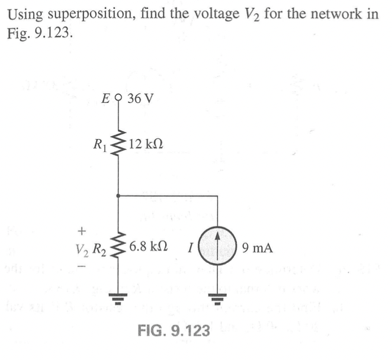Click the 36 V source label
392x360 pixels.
click(140, 98)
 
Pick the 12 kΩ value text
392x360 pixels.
click(146, 144)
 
